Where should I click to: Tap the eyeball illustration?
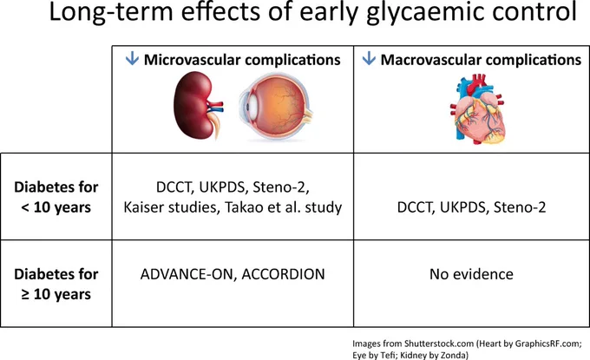click(x=276, y=106)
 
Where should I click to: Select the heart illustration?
click(x=478, y=108)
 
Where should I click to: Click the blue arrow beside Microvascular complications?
click(x=132, y=58)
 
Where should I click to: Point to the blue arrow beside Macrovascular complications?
click(x=369, y=58)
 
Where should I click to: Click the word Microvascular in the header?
click(x=192, y=60)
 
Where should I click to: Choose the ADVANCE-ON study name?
click(x=188, y=274)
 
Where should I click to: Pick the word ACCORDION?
click(x=284, y=274)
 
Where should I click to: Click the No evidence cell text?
click(x=471, y=274)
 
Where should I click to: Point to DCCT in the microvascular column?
click(x=174, y=187)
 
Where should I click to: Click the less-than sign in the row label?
click(x=25, y=207)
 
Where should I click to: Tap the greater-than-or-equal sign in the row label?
click(x=25, y=295)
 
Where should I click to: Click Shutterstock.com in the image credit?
click(x=439, y=344)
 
